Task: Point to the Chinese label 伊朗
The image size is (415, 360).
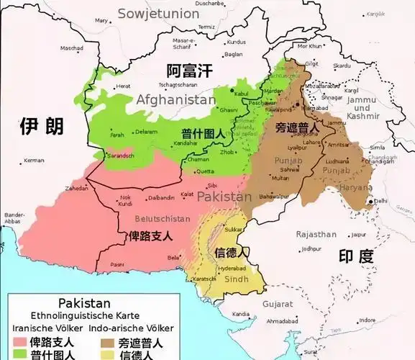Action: pyautogui.click(x=42, y=127)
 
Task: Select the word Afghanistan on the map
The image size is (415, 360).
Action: pyautogui.click(x=175, y=99)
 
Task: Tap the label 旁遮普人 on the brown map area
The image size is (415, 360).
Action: pyautogui.click(x=296, y=127)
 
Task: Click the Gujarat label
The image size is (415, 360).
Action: pyautogui.click(x=277, y=305)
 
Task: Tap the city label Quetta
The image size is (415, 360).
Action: pyautogui.click(x=206, y=171)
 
